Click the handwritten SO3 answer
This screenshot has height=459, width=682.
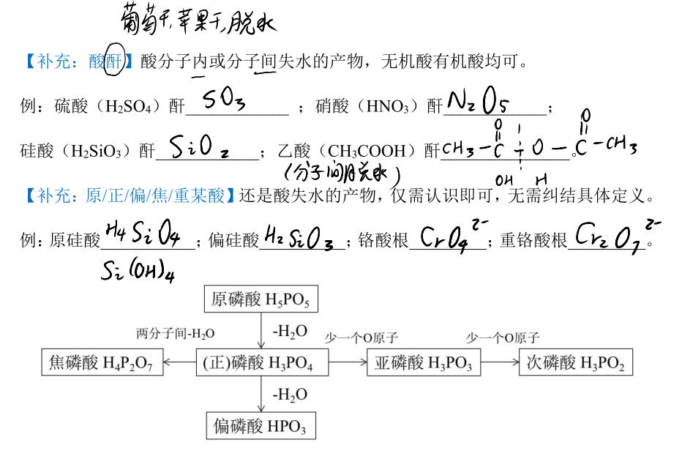point(224,99)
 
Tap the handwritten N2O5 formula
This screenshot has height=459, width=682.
point(478,101)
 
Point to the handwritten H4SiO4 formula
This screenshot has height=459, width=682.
point(143,234)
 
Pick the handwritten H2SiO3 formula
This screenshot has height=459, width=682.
point(299,238)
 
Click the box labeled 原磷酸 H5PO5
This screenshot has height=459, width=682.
point(261,299)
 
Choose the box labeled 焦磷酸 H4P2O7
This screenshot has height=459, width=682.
point(102,362)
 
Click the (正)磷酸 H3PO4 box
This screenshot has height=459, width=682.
point(262,362)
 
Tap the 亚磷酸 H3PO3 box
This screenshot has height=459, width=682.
point(424,362)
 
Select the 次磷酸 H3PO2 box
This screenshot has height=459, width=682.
point(576,362)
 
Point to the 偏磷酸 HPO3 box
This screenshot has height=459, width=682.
point(261,425)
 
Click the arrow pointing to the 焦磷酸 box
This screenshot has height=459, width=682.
point(179,362)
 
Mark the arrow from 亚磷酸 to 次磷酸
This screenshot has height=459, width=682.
point(500,362)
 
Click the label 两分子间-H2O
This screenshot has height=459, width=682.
point(176,334)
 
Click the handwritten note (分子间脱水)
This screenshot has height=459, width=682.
point(342,174)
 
